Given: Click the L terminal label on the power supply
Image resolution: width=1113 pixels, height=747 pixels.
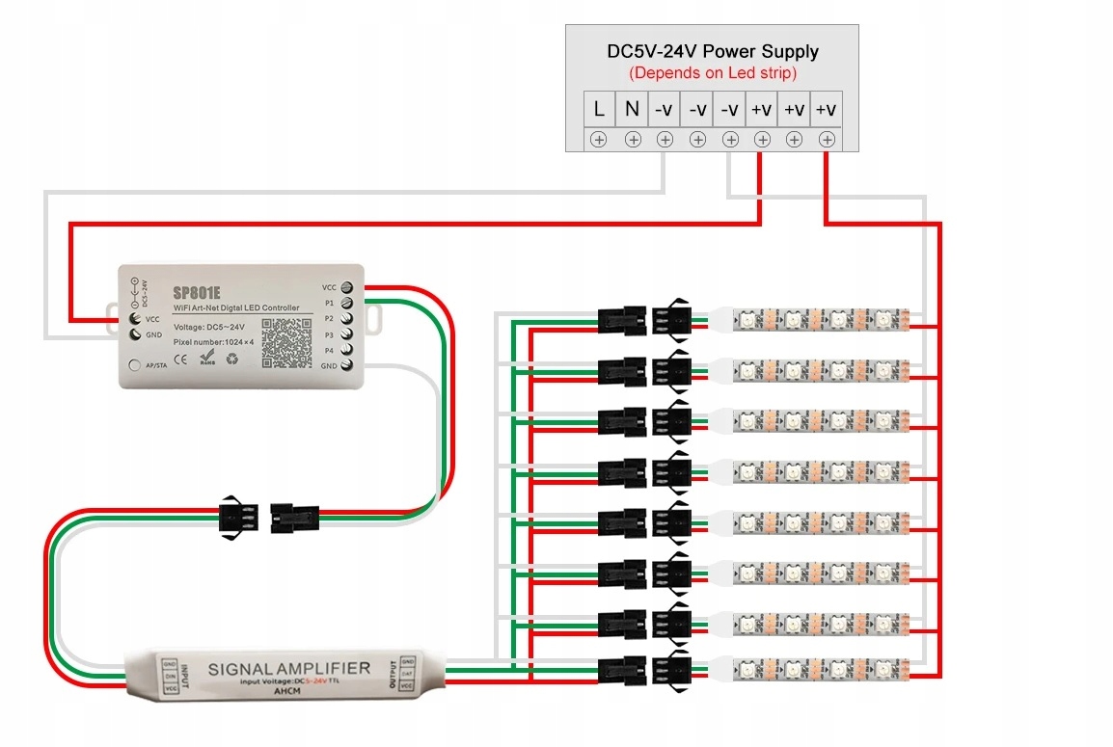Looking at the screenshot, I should pos(598,109).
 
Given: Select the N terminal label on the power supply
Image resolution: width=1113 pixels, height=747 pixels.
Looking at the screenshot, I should pos(632,109).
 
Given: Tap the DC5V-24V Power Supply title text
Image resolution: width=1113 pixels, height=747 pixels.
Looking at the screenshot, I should pos(712,51).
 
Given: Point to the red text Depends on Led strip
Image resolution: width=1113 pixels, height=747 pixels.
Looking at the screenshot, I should pos(712,73).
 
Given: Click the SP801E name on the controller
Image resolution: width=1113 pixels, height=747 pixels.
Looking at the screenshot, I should pos(198,290).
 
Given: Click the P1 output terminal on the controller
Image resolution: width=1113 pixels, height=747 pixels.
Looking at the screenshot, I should pos(346,303).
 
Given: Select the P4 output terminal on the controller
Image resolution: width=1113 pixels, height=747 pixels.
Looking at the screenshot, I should pos(346,350).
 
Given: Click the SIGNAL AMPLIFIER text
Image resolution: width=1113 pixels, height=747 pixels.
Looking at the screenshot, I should pos(289,668).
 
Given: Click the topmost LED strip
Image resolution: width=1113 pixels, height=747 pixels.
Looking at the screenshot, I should pos(821,319).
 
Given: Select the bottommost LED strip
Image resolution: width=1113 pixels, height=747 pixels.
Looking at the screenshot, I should pos(821,667).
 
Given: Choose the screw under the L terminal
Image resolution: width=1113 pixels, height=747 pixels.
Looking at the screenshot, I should pos(598,140).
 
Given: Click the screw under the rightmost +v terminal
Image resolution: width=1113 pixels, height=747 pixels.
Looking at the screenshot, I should pos(827,140).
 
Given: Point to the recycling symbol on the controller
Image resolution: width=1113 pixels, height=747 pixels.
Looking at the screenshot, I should pos(233,360).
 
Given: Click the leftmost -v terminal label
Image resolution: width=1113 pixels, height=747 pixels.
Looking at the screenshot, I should pos(664,110).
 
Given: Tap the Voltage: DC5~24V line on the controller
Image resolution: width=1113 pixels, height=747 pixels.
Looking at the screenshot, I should pos(206,327).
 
